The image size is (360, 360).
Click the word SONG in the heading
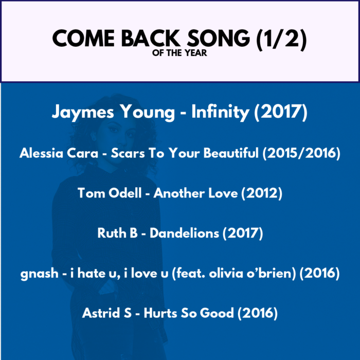point(219,38)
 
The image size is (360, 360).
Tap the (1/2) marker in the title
point(281,40)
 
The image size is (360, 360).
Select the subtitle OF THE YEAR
point(179,53)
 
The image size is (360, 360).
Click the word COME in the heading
point(83,38)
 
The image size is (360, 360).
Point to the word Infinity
point(220,112)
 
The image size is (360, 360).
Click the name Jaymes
point(83,112)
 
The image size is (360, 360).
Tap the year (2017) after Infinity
point(281,112)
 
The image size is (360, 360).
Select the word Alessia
point(41,153)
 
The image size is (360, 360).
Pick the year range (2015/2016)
point(302,153)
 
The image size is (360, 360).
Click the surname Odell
point(125,193)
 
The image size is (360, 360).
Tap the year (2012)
point(262,193)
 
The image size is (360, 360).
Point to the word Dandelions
point(184,233)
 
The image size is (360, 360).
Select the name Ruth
point(112,233)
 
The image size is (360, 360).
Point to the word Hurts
point(160,313)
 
